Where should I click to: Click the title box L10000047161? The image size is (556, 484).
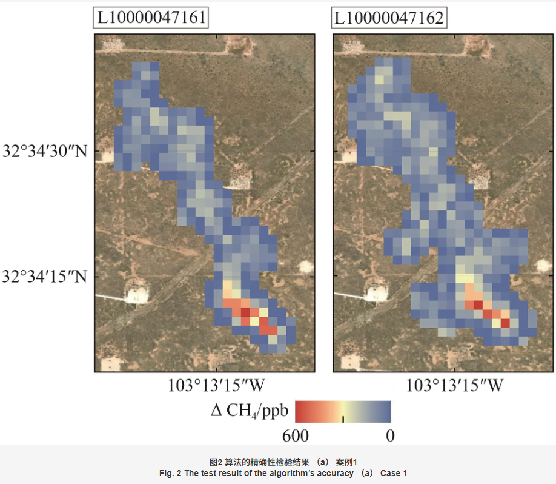coord(151,18)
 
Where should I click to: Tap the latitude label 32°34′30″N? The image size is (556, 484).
coord(46,151)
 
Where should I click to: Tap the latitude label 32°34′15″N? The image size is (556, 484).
coord(46,277)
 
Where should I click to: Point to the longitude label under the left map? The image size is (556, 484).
coord(216,386)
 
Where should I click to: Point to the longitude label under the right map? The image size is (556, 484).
coord(454,386)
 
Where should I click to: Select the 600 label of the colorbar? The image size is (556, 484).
coord(295,435)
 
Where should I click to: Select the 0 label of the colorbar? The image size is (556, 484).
coord(390,435)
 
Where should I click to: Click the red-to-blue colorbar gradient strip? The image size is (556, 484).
coord(343,411)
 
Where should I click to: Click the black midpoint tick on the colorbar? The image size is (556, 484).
coord(343,418)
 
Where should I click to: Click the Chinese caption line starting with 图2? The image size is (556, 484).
coord(277,463)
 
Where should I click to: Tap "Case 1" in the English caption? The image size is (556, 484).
coord(394,473)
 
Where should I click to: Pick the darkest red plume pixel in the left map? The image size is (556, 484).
coord(245,312)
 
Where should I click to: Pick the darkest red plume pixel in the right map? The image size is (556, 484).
coord(505,323)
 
